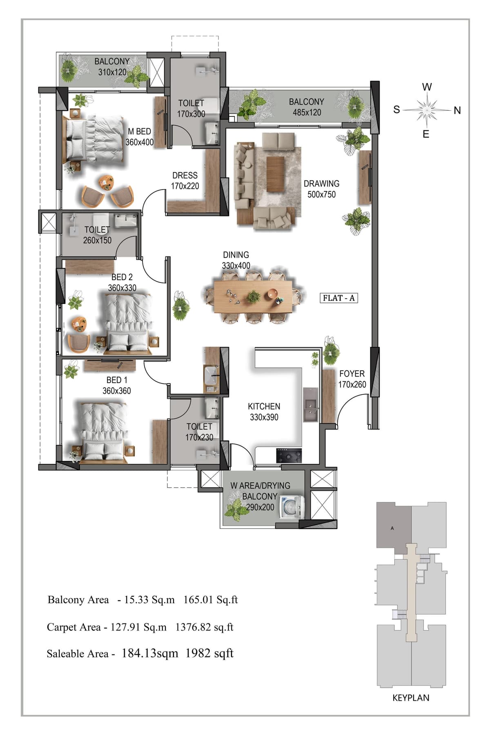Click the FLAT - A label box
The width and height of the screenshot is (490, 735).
[x=339, y=298]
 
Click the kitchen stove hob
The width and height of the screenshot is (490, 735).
[x=289, y=455]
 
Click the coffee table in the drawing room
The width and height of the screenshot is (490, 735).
[x=275, y=174]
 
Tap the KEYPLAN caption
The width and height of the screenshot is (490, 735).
[x=411, y=698]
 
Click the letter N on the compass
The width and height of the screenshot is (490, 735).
[x=457, y=110]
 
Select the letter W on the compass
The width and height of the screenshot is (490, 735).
[x=427, y=87]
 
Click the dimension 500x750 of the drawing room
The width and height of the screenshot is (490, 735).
[x=321, y=195]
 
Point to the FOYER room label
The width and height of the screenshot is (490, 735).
[x=352, y=374]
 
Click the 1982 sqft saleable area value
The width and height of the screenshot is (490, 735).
[x=209, y=653]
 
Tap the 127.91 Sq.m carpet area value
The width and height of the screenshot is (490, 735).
[x=138, y=627]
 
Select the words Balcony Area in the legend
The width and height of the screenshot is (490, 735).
[x=78, y=600]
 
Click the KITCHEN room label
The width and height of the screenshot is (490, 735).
[x=264, y=406]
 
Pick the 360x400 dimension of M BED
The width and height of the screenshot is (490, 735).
[x=139, y=142]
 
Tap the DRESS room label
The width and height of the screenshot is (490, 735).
[x=185, y=175]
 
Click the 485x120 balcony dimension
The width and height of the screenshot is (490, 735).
[x=307, y=112]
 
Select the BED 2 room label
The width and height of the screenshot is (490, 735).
[x=122, y=277]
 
